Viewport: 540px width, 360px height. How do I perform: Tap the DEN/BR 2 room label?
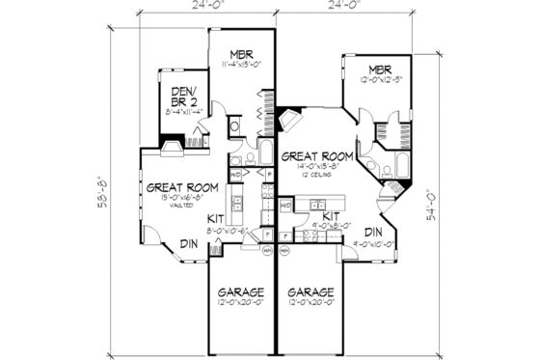[x=181, y=95]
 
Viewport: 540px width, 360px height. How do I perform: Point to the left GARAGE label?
[x=241, y=292]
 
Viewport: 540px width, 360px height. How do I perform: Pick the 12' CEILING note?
[x=315, y=177]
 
